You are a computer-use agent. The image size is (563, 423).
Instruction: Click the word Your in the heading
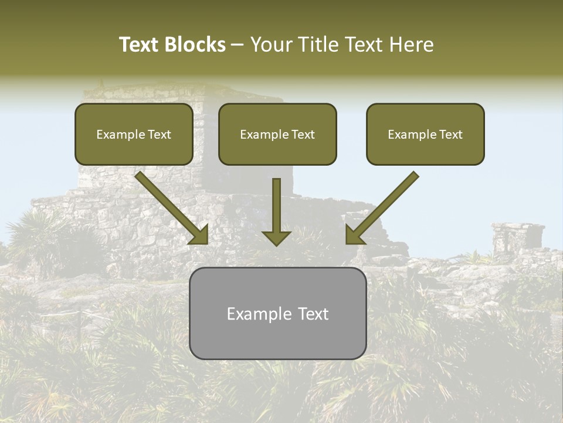click(270, 45)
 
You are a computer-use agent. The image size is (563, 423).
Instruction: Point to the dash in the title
click(238, 45)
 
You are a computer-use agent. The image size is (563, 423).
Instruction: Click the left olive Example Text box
click(134, 134)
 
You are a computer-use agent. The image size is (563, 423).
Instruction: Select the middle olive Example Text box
click(277, 134)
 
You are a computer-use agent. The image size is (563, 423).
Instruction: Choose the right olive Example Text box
click(425, 134)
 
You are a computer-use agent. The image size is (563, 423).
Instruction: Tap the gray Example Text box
click(277, 313)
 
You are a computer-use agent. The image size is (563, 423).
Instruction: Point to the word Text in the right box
click(451, 135)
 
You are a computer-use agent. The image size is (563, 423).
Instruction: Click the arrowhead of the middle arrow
click(276, 237)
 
